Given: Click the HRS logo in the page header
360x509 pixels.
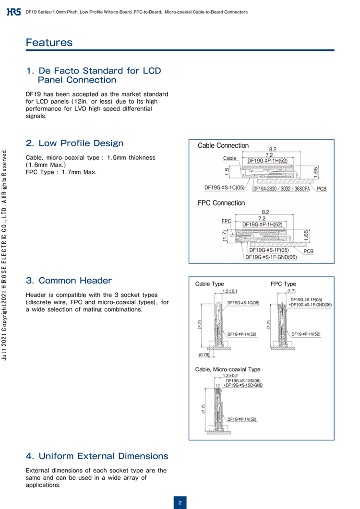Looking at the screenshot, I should [13, 12].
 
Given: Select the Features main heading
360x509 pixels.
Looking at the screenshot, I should [49, 42].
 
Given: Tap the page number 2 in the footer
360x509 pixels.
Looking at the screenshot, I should [180, 502].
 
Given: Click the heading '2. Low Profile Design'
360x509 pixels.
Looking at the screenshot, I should [74, 143].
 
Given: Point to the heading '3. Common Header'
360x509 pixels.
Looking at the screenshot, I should [68, 280].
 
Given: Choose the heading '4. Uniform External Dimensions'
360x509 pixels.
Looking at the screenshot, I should [97, 456].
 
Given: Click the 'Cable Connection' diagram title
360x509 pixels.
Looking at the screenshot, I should [223, 145].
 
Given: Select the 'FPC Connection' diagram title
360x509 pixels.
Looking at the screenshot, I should [221, 203].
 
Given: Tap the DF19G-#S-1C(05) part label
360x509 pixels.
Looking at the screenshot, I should [224, 188].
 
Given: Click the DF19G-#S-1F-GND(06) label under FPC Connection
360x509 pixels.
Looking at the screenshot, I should [271, 257].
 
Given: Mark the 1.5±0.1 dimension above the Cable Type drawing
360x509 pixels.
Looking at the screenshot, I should [230, 291].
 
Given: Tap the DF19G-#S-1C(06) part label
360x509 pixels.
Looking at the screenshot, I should [243, 303].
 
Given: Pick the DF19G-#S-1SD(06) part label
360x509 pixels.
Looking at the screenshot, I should [243, 380].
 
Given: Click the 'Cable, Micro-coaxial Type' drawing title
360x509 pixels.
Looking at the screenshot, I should [228, 369].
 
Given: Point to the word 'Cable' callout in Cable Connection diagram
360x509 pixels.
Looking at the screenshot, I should [230, 158].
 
